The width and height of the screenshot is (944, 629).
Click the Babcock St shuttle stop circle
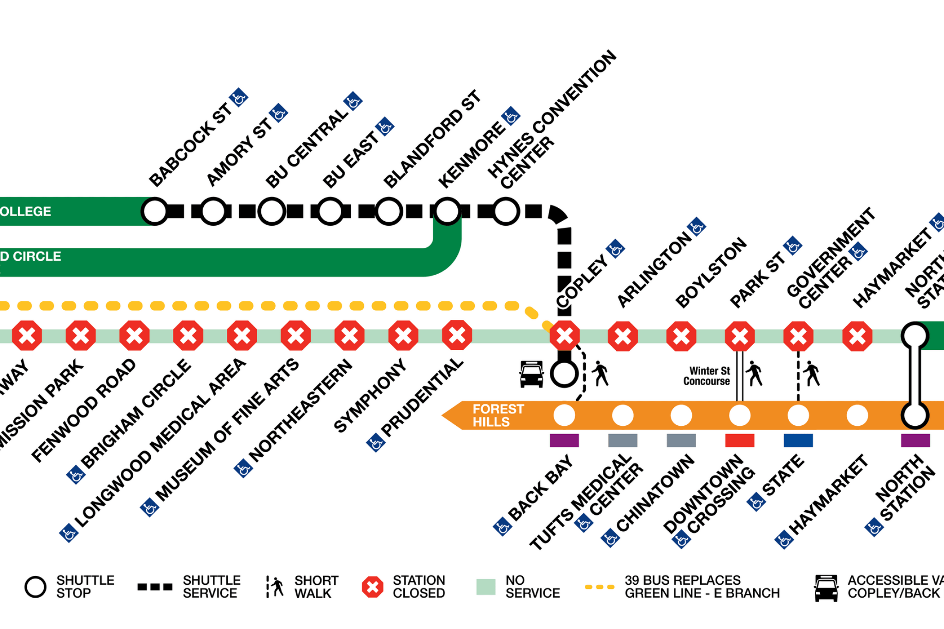(x=155, y=212)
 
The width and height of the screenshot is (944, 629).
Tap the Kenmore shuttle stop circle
(x=447, y=212)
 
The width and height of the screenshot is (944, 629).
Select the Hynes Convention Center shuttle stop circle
(x=506, y=212)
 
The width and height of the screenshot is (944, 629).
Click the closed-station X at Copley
(x=564, y=336)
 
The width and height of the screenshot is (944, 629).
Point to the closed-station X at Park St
(x=740, y=336)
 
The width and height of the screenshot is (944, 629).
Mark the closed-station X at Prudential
(x=457, y=335)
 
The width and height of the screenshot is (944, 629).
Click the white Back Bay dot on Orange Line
(x=564, y=415)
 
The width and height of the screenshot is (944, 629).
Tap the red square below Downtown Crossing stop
(x=739, y=441)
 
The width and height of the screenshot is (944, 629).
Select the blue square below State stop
(x=798, y=441)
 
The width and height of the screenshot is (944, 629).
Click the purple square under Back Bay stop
(x=564, y=441)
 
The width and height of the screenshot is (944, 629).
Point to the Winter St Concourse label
(x=707, y=376)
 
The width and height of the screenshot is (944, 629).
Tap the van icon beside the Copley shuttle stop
(x=531, y=374)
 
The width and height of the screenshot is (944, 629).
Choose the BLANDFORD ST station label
(x=431, y=140)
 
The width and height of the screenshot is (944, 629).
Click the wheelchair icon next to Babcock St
(x=239, y=97)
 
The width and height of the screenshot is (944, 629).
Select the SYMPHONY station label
(x=370, y=396)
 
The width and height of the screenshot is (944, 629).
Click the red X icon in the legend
(x=372, y=587)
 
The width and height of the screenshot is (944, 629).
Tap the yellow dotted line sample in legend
(x=599, y=587)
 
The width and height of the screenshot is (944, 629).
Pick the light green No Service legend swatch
(x=486, y=587)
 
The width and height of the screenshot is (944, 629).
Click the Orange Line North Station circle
(x=914, y=415)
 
